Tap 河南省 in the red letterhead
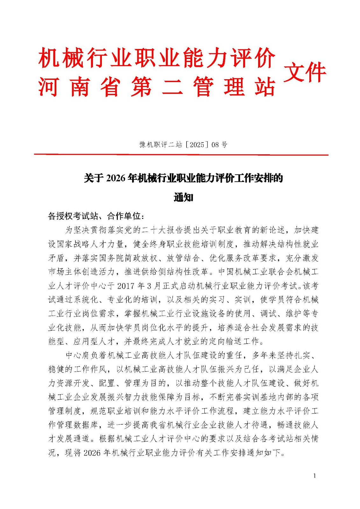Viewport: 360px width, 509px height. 79,87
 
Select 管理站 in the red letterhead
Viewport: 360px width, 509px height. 234,87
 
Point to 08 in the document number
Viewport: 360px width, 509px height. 215,145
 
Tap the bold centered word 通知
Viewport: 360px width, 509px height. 183,198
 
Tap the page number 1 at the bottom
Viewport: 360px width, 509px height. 314,476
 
